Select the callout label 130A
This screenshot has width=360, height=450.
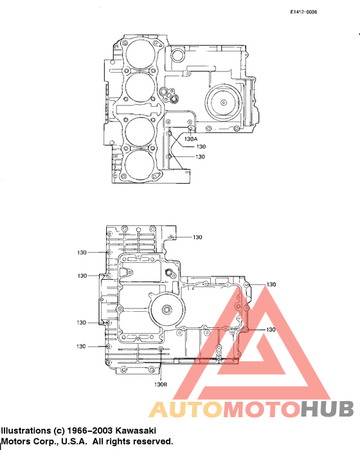[x=191, y=138]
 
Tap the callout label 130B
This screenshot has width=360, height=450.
[x=161, y=384]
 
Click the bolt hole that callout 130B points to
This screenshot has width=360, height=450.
[x=161, y=350]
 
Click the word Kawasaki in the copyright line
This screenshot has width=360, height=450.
[x=132, y=431]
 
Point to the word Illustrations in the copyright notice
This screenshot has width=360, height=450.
[x=25, y=431]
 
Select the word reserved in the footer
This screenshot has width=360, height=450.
[x=152, y=442]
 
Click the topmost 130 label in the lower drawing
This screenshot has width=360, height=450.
[x=197, y=237]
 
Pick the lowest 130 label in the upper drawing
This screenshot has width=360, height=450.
[x=200, y=156]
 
